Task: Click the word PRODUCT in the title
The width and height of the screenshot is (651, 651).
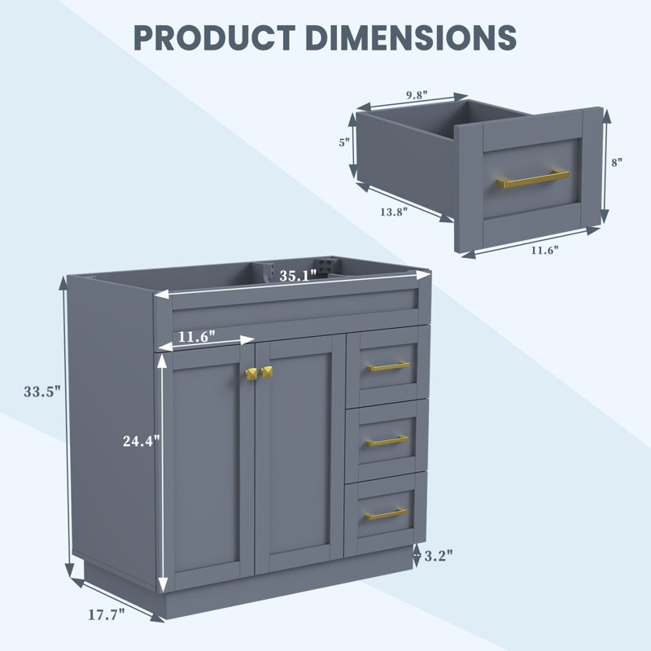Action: pos(215,37)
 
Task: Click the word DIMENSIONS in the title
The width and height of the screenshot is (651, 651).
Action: pos(411,37)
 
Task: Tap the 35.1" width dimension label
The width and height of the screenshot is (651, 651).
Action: pos(298,276)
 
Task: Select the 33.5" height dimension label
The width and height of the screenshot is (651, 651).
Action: pos(42,391)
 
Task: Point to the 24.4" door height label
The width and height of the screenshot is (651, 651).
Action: pos(141,441)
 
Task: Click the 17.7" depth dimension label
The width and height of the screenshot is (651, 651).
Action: pos(107,614)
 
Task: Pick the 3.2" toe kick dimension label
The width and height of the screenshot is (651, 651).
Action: pos(439,556)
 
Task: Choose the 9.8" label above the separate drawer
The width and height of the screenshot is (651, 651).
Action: pos(417,95)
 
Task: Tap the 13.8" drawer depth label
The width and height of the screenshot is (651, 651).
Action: pos(394,212)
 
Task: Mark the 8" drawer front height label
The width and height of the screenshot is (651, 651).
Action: pos(617,162)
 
